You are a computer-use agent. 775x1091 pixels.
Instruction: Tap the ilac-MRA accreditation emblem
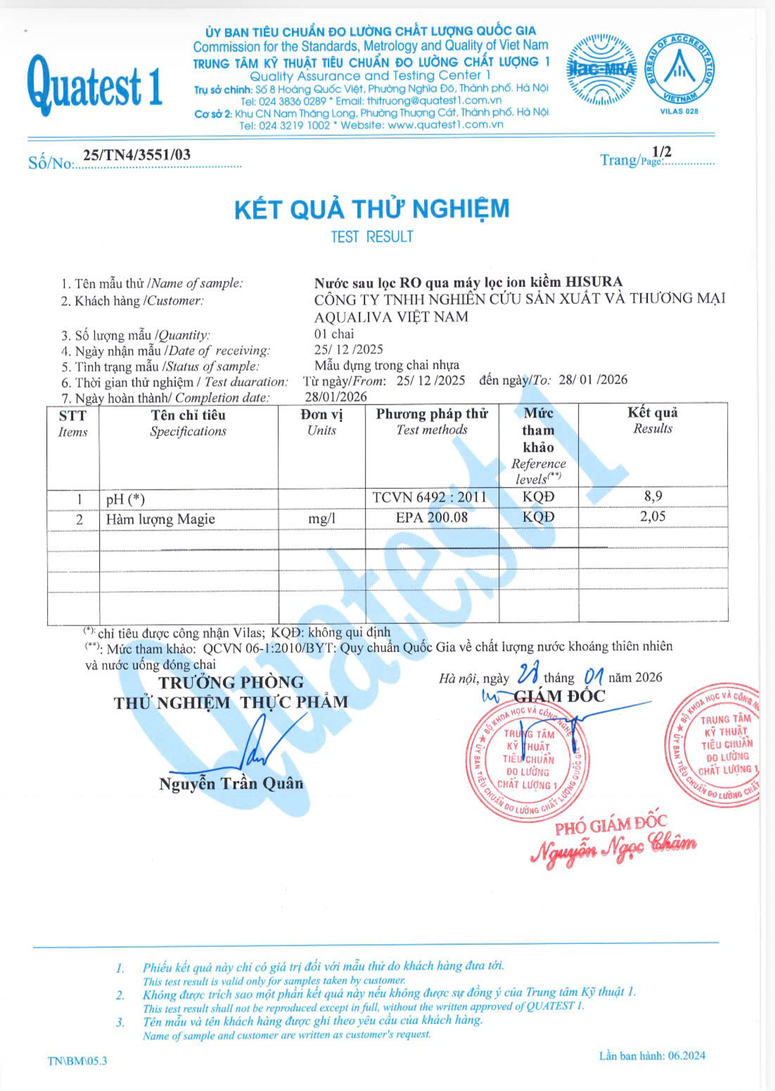(x=601, y=70)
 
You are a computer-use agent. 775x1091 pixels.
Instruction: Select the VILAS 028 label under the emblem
(x=679, y=111)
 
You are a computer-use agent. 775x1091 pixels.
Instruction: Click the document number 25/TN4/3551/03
(x=136, y=155)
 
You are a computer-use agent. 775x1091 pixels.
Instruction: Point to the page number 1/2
(x=662, y=151)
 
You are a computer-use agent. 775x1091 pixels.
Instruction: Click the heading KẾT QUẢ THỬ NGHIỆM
(x=371, y=209)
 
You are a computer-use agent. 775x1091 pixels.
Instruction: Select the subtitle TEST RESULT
(x=371, y=237)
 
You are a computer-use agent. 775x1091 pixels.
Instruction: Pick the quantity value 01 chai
(x=334, y=333)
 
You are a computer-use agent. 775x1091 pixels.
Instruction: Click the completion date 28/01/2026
(x=335, y=397)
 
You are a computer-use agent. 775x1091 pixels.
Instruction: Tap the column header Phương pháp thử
(x=432, y=414)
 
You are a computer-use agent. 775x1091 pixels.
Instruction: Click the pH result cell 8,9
(x=653, y=496)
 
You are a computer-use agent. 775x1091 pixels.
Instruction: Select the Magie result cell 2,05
(x=653, y=516)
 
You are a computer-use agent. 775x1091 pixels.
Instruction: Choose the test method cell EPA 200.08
(x=432, y=517)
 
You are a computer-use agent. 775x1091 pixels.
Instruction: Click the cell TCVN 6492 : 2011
(x=430, y=497)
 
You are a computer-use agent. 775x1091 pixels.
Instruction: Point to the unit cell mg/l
(x=321, y=518)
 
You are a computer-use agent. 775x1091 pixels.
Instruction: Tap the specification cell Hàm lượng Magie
(x=160, y=519)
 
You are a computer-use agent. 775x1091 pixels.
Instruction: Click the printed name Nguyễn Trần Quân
(x=231, y=784)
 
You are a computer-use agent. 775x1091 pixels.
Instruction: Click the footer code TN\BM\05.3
(x=77, y=1061)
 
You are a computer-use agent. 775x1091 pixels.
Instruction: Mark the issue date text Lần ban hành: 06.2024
(x=652, y=1055)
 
